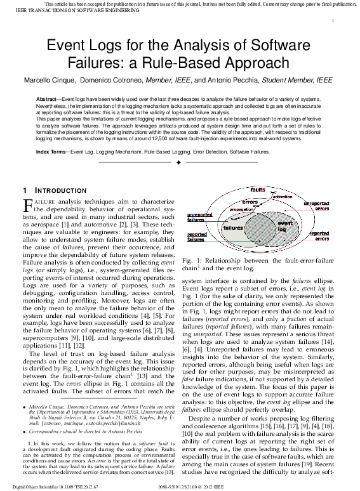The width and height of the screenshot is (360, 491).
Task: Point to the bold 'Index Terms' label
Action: tap(51, 152)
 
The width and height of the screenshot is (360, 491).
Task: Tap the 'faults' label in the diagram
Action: tap(257, 190)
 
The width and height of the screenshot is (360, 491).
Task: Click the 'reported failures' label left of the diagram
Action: tap(197, 237)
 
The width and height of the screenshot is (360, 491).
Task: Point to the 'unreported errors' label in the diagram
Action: tap(316, 206)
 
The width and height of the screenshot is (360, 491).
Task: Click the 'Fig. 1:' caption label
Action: tap(192, 261)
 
